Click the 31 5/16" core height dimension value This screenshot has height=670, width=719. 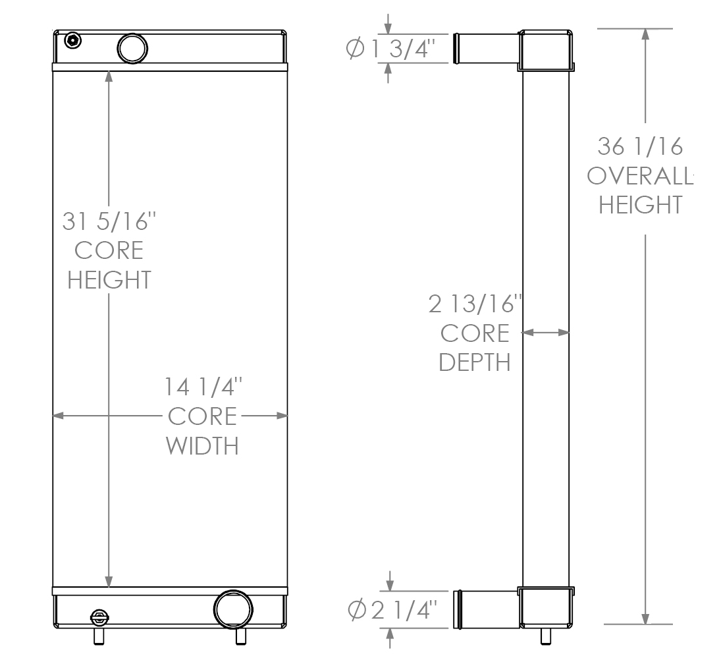point(109,221)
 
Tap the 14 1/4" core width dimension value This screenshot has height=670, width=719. point(203,387)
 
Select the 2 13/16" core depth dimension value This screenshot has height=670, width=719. point(475,304)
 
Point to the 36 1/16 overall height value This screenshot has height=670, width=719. point(640,147)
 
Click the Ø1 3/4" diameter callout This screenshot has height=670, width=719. point(390,48)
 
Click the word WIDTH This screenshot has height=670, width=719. point(202,445)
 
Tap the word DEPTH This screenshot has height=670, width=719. point(475,362)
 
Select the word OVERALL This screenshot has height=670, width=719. point(640,176)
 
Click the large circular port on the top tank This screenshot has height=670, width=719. point(132,48)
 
